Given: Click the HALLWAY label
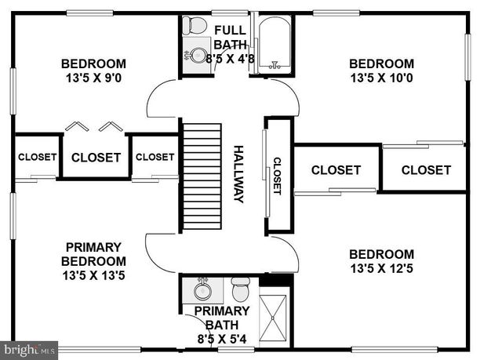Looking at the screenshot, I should tap(239, 173).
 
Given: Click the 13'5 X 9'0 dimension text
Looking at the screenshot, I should tap(94, 78).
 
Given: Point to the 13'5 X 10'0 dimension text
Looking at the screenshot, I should tap(381, 78).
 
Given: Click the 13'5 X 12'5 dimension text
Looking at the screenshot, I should tap(381, 269).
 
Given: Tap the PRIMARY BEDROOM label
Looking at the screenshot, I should tap(94, 253).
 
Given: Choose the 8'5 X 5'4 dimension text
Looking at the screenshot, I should tap(222, 339).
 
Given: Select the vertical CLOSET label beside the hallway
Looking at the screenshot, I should tap(277, 176).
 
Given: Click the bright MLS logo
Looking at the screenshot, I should tap(29, 348).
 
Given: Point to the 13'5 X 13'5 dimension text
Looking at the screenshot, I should tap(94, 275).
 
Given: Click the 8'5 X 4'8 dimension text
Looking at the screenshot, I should tap(230, 57).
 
